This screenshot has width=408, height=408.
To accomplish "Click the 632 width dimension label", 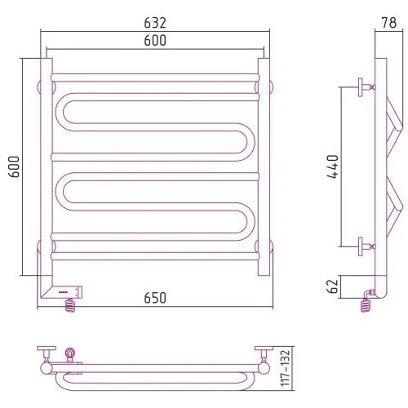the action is (x=155, y=23).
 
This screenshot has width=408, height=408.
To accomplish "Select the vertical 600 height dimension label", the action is (x=15, y=166).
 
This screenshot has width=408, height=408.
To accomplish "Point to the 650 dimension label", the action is (x=155, y=298).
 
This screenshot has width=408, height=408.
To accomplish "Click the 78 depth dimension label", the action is (x=389, y=23).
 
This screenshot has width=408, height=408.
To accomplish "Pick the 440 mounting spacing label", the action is (x=333, y=166).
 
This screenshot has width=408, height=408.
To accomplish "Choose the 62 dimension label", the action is (x=333, y=286).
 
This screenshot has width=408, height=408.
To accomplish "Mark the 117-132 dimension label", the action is (x=286, y=368).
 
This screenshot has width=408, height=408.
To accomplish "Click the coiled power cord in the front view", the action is (x=70, y=304).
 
